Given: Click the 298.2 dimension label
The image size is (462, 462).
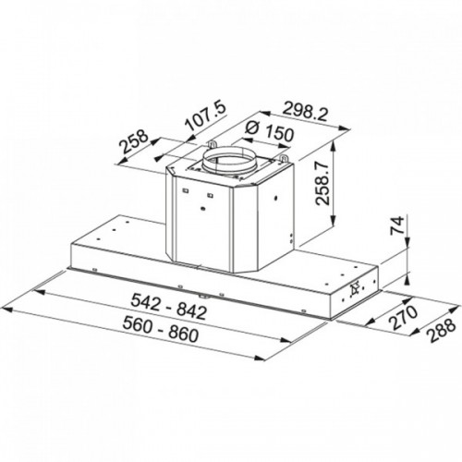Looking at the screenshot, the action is click(x=304, y=113).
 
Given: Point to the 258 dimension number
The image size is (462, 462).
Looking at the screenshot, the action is click(x=134, y=141).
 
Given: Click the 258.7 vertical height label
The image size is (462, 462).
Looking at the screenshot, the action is click(x=322, y=183).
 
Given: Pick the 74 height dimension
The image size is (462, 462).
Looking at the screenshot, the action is click(x=397, y=225).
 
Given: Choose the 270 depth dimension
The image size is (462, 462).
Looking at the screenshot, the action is click(x=403, y=318).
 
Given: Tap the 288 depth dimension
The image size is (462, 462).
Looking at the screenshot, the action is click(x=442, y=330).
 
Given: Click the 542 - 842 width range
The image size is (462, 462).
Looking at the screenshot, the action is click(x=168, y=307).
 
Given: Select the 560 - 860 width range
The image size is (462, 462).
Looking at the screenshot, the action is click(x=160, y=329).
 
